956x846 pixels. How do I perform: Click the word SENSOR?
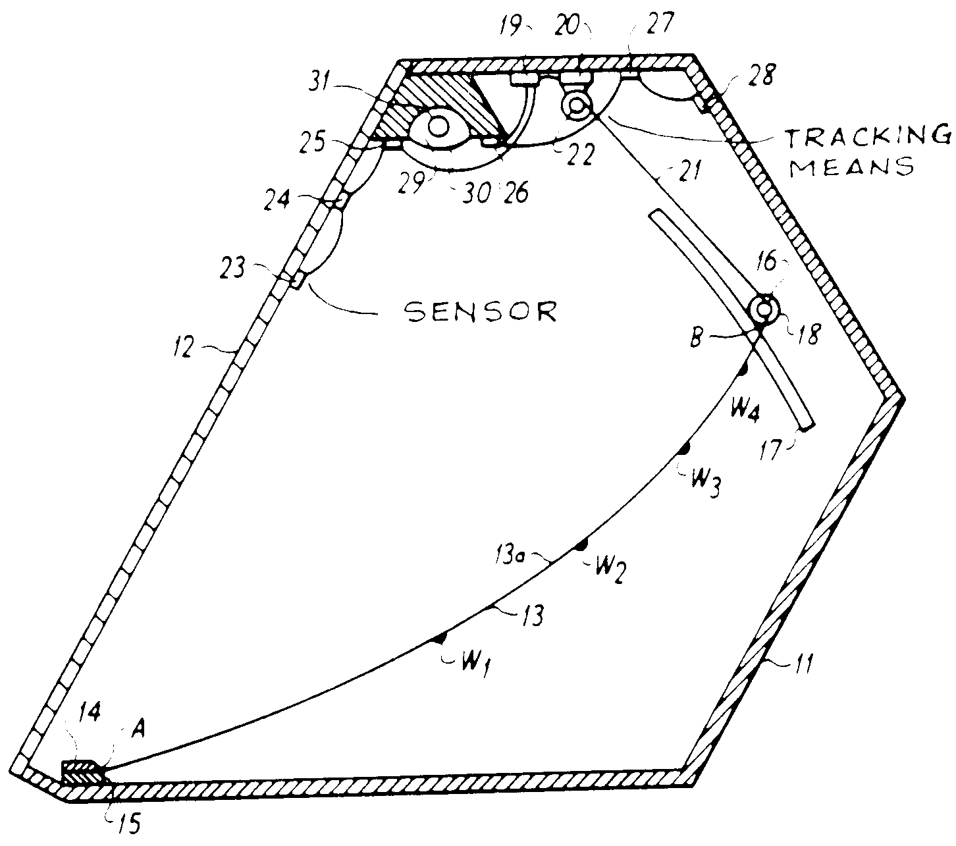[481, 311]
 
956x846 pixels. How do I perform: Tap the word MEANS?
[853, 166]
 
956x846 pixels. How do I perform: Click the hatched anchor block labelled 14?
[82, 772]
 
